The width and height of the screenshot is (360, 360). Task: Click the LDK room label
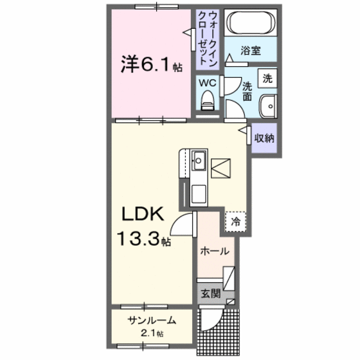click(143, 215)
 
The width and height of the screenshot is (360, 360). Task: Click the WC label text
click(206, 83)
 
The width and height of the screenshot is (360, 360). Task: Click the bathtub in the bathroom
click(252, 24)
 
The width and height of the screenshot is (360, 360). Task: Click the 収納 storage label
click(264, 138)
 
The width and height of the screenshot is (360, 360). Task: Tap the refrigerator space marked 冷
click(235, 222)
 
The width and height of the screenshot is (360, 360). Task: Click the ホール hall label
click(214, 251)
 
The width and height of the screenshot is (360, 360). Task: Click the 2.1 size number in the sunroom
click(150, 334)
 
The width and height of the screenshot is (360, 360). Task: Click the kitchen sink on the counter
click(199, 158)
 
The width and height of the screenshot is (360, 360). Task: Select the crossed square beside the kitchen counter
click(221, 169)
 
